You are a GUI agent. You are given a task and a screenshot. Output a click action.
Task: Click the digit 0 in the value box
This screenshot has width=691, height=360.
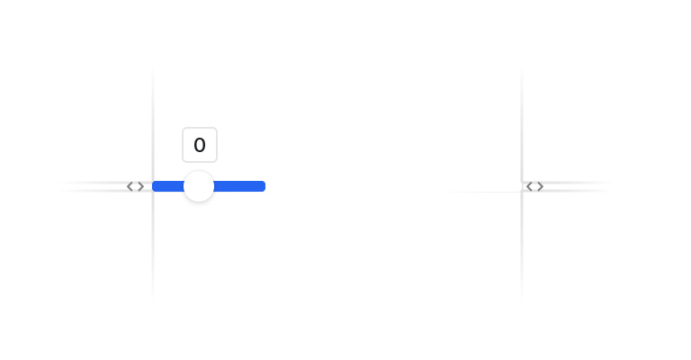pyautogui.click(x=200, y=145)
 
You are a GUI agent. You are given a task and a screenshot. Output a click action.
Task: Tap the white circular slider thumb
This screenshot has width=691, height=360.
pyautogui.click(x=199, y=186)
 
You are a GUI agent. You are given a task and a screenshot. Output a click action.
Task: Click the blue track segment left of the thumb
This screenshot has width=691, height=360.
pyautogui.click(x=168, y=186)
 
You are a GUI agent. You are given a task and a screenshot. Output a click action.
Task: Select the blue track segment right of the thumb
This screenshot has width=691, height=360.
pyautogui.click(x=239, y=186)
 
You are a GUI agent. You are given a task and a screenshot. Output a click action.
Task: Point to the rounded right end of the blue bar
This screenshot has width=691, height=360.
pyautogui.click(x=265, y=186)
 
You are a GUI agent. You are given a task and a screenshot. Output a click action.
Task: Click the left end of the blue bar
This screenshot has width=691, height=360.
pyautogui.click(x=152, y=186)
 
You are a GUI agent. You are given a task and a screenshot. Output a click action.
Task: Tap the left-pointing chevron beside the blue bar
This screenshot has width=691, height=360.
pyautogui.click(x=130, y=186)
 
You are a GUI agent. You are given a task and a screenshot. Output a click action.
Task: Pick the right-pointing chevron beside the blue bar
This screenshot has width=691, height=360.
pyautogui.click(x=141, y=186)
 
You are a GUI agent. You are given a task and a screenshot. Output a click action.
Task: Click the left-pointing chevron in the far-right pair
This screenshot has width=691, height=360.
pyautogui.click(x=529, y=186)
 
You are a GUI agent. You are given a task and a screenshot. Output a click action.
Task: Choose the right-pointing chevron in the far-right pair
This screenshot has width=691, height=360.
pyautogui.click(x=540, y=186)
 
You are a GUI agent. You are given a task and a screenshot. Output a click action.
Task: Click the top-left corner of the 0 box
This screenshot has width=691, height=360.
pyautogui.click(x=183, y=128)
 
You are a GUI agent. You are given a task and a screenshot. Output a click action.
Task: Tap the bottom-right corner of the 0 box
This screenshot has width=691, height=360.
pyautogui.click(x=217, y=162)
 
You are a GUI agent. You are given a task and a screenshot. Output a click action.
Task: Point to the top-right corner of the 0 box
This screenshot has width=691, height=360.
pyautogui.click(x=217, y=128)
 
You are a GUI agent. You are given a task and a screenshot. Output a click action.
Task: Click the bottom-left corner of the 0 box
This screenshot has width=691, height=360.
pyautogui.click(x=183, y=162)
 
